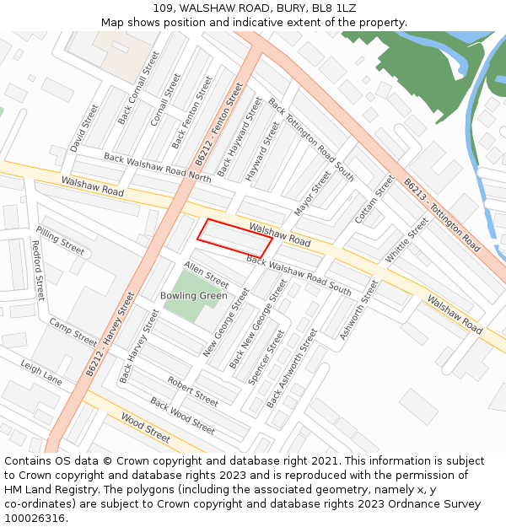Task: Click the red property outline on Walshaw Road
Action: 234,237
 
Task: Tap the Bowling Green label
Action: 194,296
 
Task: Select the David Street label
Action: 84,128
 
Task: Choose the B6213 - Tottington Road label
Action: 441,215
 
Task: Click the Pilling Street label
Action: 61,240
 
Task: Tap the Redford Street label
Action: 37,270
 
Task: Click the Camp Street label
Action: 73,332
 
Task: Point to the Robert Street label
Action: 192,391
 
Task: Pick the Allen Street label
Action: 207,275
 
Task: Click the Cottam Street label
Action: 374,199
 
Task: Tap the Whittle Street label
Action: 407,239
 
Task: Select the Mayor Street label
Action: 313,193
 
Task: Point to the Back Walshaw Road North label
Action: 158,167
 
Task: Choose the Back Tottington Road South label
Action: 311,139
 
